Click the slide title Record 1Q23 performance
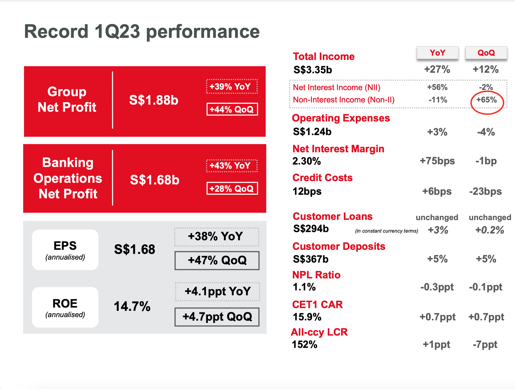[x=142, y=32]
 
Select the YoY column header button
[x=437, y=53]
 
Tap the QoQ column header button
[x=486, y=53]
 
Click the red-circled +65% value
[x=487, y=100]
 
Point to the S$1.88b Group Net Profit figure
[x=154, y=100]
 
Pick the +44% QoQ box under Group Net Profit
[x=232, y=109]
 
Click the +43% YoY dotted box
[x=232, y=166]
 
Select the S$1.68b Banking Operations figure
[x=154, y=180]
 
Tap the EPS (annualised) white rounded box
[x=65, y=250]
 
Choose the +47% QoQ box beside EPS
[x=217, y=260]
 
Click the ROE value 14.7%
[x=132, y=306]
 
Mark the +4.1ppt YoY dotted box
[x=217, y=291]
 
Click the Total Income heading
[x=324, y=57]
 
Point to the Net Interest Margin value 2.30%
[x=307, y=161]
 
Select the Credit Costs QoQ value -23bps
[x=485, y=192]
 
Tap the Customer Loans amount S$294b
[x=311, y=229]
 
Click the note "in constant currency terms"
[x=386, y=231]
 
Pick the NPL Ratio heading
[x=316, y=275]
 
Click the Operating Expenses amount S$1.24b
[x=312, y=132]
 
